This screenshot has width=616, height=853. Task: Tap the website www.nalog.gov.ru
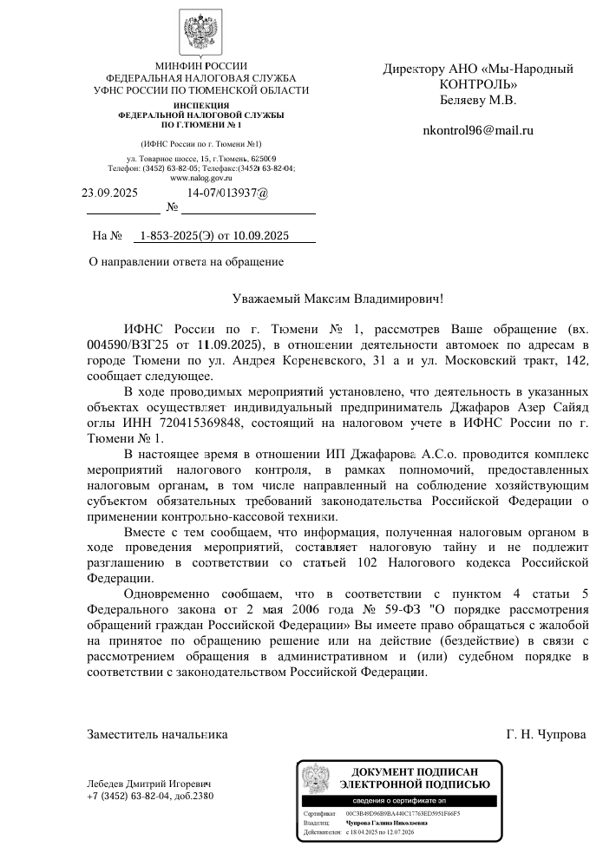(200, 177)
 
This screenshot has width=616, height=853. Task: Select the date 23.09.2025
(109, 193)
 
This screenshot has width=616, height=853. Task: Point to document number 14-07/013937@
(227, 193)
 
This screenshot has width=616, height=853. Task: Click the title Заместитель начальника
(157, 734)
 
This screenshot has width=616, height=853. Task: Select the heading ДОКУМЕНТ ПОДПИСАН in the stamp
(414, 771)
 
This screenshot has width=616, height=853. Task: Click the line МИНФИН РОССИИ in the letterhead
(200, 66)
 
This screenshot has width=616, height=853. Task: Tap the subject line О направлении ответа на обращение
(187, 260)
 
